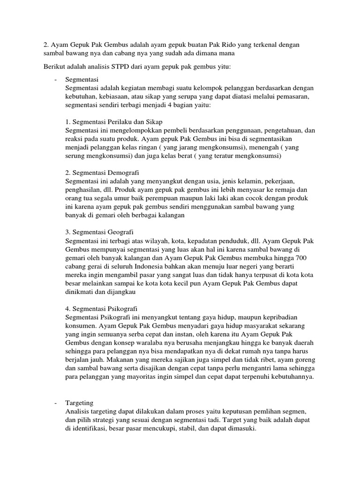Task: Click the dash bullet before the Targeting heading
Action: tap(56, 403)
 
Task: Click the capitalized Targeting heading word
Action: tap(80, 403)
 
